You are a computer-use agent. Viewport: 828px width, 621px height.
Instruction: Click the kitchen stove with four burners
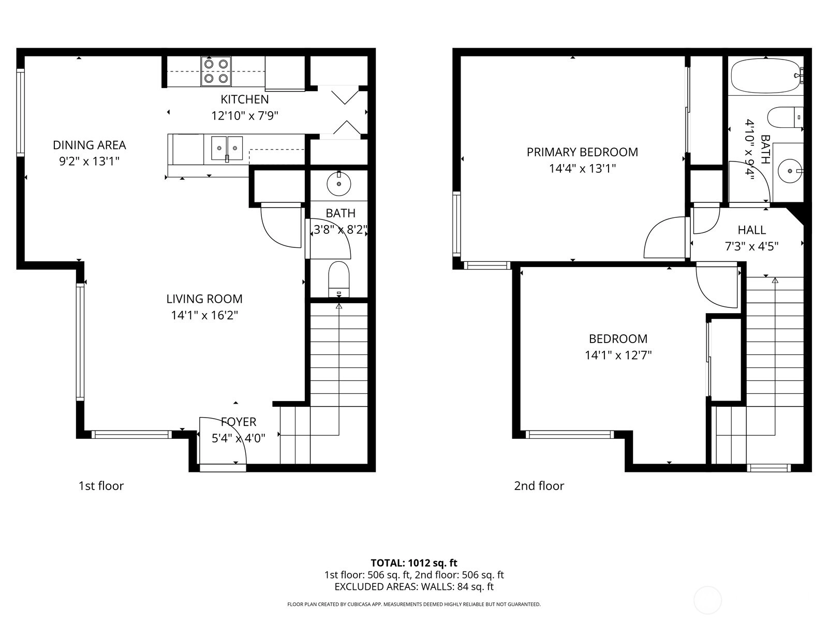pos(216,71)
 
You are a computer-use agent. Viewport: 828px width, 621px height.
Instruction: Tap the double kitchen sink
pos(227,149)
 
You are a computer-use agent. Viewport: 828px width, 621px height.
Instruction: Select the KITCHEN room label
pos(244,99)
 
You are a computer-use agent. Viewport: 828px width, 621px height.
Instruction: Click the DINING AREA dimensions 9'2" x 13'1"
pos(90,161)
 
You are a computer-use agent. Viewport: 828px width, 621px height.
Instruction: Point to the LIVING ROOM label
pos(204,299)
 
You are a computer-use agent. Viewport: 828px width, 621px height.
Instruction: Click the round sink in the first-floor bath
pos(339,184)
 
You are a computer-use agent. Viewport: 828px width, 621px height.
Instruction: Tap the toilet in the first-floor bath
pos(339,279)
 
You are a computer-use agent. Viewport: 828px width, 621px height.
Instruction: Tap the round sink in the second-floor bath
pos(790,171)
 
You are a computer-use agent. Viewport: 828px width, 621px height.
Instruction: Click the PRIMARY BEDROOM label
pos(582,152)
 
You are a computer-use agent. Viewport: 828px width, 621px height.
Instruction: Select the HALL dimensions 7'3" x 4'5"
pos(751,247)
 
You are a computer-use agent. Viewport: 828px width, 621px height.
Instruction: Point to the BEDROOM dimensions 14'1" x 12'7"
pos(618,355)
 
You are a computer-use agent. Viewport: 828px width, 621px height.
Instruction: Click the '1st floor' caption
pos(101,485)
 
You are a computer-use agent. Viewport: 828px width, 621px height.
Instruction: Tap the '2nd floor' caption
pos(539,485)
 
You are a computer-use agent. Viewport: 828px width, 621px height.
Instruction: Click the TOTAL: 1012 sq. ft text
pos(414,563)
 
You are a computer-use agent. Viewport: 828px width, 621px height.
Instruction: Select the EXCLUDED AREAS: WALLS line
pos(414,587)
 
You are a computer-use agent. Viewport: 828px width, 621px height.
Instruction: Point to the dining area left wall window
pos(20,112)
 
